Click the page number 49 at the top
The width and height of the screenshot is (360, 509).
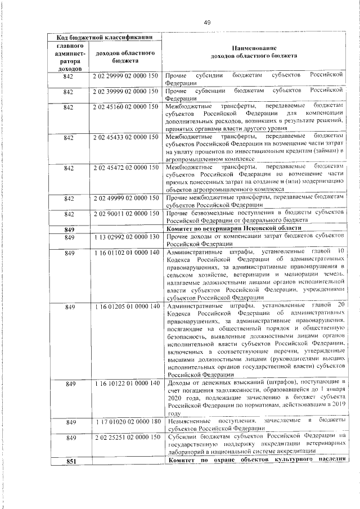tap(206, 22)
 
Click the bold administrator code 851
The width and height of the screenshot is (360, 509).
tap(70, 461)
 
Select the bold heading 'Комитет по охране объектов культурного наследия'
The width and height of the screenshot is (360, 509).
tap(254, 461)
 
